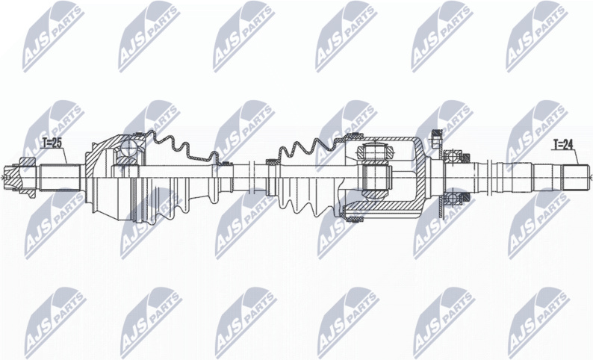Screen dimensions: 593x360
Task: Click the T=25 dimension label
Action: [52, 143]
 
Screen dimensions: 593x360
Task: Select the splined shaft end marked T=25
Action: [60, 177]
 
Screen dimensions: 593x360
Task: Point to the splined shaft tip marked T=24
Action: [575, 178]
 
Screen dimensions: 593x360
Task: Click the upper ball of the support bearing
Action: [451, 156]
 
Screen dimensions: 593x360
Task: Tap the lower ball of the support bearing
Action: [451, 198]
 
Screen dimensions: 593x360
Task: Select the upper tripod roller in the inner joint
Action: [373, 152]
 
